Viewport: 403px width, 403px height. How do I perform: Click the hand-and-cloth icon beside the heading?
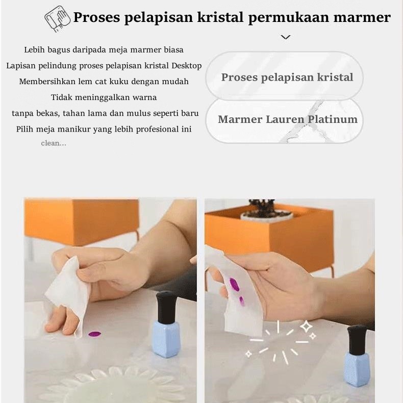[57, 18]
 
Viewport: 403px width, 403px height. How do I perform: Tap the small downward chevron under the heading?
[286, 37]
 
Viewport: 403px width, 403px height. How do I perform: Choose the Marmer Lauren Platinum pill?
[285, 120]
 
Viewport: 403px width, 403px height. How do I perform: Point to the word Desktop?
[186, 66]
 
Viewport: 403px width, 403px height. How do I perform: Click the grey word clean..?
[54, 143]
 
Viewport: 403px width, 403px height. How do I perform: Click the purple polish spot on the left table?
[94, 334]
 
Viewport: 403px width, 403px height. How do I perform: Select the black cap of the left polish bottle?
[166, 307]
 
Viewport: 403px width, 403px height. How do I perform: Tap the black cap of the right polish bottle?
[357, 339]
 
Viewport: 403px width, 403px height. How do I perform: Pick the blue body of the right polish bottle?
[357, 370]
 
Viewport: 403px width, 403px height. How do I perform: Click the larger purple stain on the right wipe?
[234, 284]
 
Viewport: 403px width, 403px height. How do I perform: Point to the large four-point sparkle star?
[306, 326]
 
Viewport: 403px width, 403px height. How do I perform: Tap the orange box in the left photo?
[81, 221]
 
